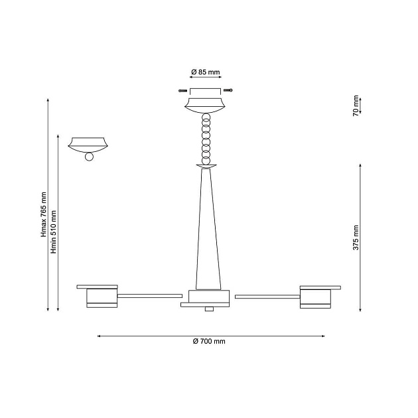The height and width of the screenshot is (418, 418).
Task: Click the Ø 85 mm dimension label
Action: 206,72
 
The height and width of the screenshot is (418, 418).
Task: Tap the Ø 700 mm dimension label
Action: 209,341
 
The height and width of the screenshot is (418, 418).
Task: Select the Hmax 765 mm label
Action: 43,214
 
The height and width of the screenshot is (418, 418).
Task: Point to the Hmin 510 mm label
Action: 54,232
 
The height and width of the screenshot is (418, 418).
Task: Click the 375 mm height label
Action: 356,238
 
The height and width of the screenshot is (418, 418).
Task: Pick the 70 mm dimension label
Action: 356,106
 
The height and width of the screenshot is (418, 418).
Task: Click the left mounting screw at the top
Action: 182,91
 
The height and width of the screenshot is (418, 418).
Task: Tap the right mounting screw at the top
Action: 228,90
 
